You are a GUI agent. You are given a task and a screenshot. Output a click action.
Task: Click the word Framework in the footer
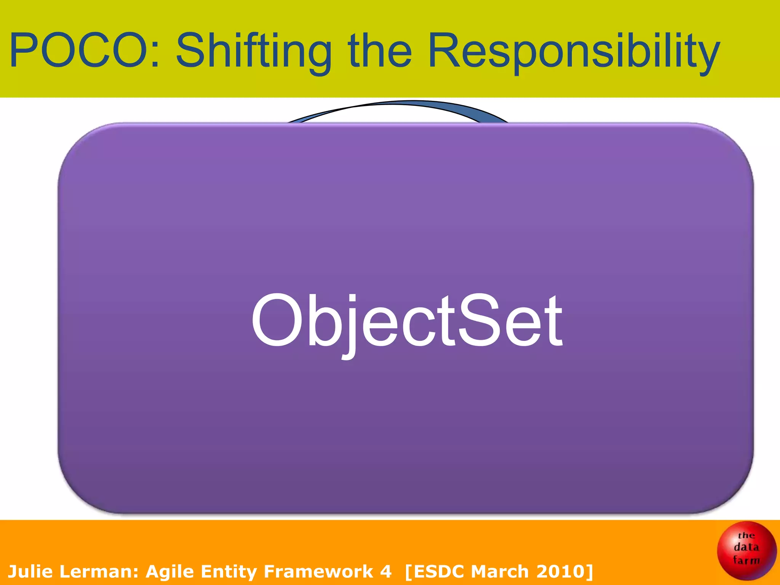pyautogui.click(x=318, y=571)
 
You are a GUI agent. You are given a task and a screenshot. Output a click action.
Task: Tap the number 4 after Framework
pyautogui.click(x=385, y=571)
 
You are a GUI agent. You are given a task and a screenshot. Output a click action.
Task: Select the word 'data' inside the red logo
pyautogui.click(x=746, y=547)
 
